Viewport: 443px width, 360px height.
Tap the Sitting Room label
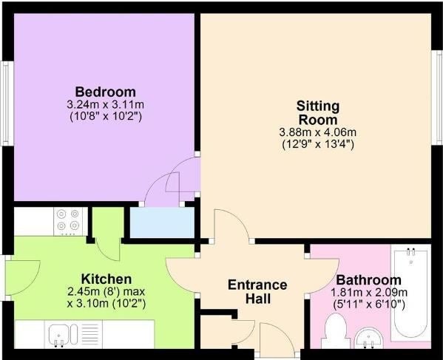(x=317, y=112)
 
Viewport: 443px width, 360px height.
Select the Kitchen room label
(x=106, y=279)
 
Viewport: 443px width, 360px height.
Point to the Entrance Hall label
(x=257, y=291)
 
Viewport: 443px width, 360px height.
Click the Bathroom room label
(x=368, y=281)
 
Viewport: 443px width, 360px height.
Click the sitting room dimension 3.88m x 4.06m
(x=317, y=132)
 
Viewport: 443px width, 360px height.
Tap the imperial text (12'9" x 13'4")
(x=317, y=144)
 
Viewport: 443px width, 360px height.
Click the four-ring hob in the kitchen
(x=68, y=220)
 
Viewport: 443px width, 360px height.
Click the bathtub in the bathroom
(x=412, y=295)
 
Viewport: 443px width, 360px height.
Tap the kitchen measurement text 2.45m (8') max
(x=106, y=291)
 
